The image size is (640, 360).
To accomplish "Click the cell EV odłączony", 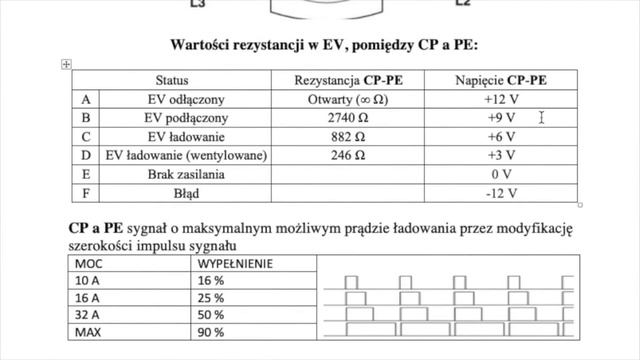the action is pyautogui.click(x=171, y=99).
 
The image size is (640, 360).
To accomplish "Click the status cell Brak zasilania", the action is pyautogui.click(x=171, y=174).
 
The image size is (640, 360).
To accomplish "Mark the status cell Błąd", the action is pyautogui.click(x=171, y=193).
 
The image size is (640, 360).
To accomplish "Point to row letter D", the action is pyautogui.click(x=85, y=156).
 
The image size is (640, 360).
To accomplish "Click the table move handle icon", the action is pyautogui.click(x=66, y=64).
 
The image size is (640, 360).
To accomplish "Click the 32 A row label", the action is pyautogui.click(x=88, y=314).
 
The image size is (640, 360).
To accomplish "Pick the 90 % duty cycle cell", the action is pyautogui.click(x=212, y=331).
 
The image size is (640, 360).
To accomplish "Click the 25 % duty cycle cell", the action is pyautogui.click(x=212, y=298).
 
